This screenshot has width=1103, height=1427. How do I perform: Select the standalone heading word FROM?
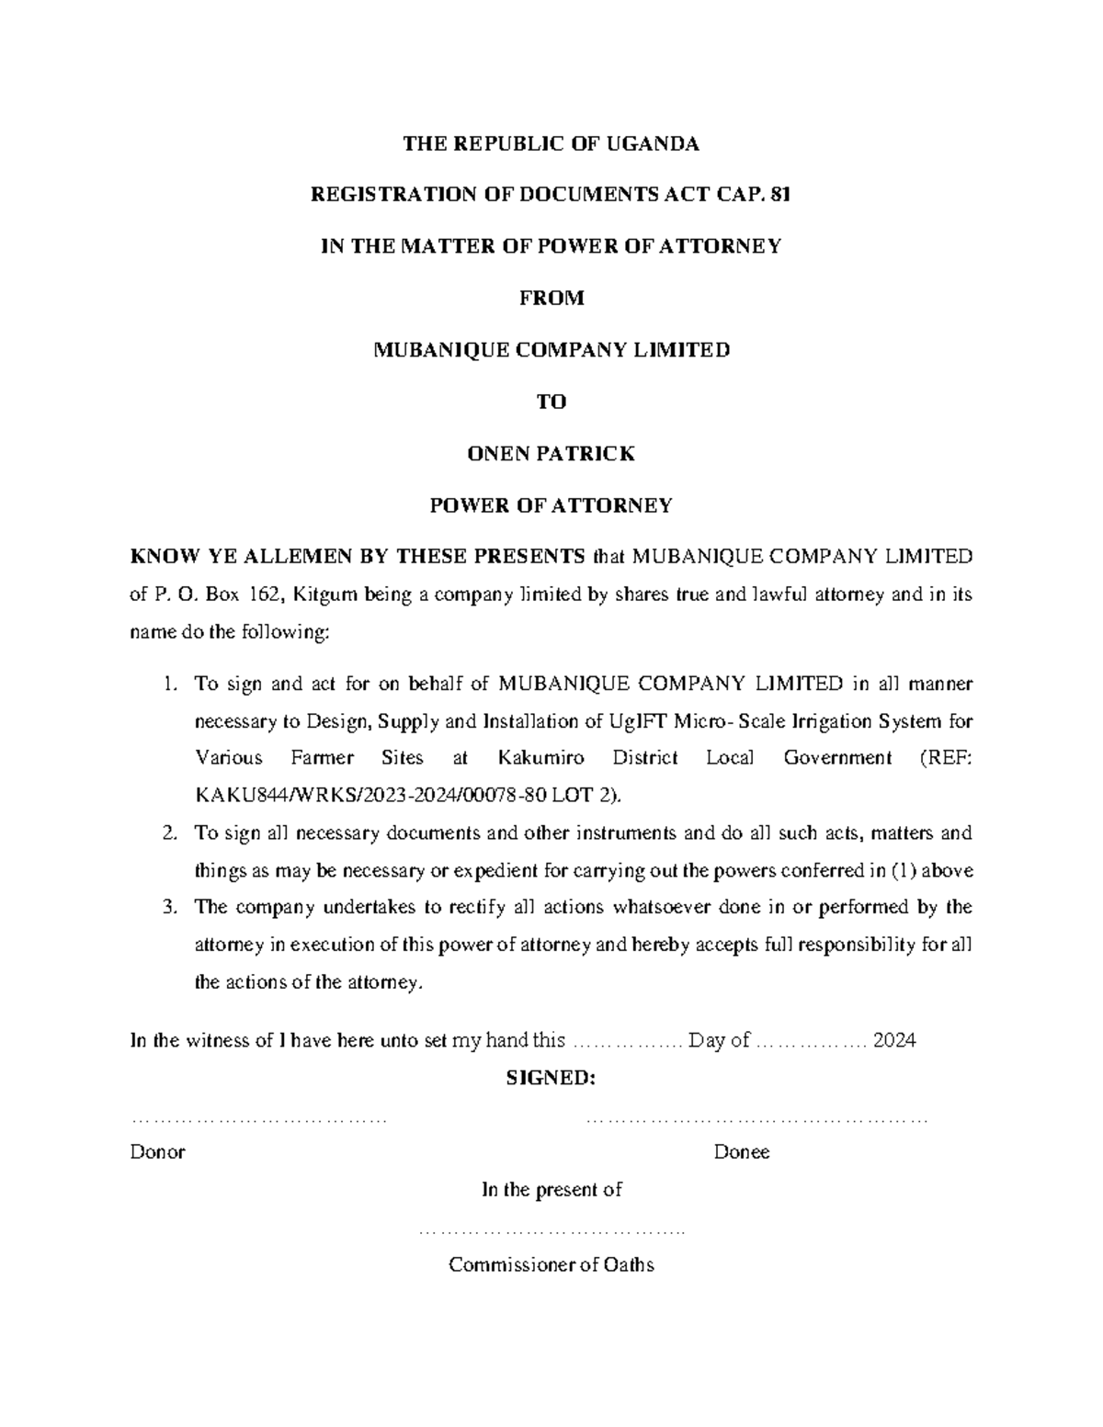click(551, 298)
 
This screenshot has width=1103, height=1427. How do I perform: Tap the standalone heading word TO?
click(551, 402)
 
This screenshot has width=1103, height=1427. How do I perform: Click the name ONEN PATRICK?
click(551, 453)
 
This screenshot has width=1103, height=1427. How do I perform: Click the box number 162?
click(271, 595)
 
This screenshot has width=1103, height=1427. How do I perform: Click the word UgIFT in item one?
click(639, 721)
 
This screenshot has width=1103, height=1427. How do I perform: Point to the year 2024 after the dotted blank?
click(894, 1040)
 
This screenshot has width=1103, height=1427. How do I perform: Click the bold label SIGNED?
click(551, 1078)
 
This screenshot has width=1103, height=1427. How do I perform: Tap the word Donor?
click(158, 1152)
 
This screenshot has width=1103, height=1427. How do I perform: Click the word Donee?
click(742, 1152)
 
